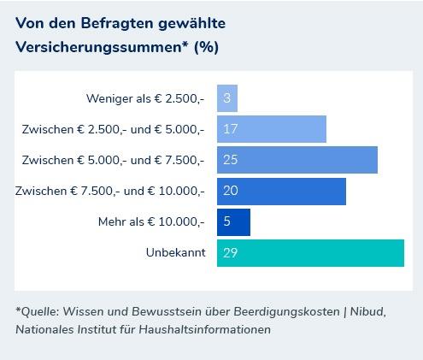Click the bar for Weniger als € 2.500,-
pyautogui.click(x=227, y=98)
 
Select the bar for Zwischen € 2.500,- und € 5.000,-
pyautogui.click(x=272, y=129)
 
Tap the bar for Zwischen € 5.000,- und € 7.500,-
pyautogui.click(x=297, y=160)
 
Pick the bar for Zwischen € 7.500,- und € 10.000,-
pyautogui.click(x=281, y=192)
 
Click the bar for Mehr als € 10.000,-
pyautogui.click(x=233, y=222)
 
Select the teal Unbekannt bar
pyautogui.click(x=310, y=253)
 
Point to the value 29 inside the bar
pyautogui.click(x=229, y=253)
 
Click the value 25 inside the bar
pyautogui.click(x=229, y=160)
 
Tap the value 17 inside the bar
pyautogui.click(x=229, y=129)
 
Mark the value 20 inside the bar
pyautogui.click(x=229, y=192)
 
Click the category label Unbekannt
pyautogui.click(x=176, y=253)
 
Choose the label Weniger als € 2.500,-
pyautogui.click(x=145, y=98)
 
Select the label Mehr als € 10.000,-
pyautogui.click(x=151, y=222)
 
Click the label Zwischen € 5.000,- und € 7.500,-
pyautogui.click(x=113, y=160)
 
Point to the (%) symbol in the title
pyautogui.click(x=206, y=46)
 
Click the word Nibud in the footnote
pyautogui.click(x=368, y=311)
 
